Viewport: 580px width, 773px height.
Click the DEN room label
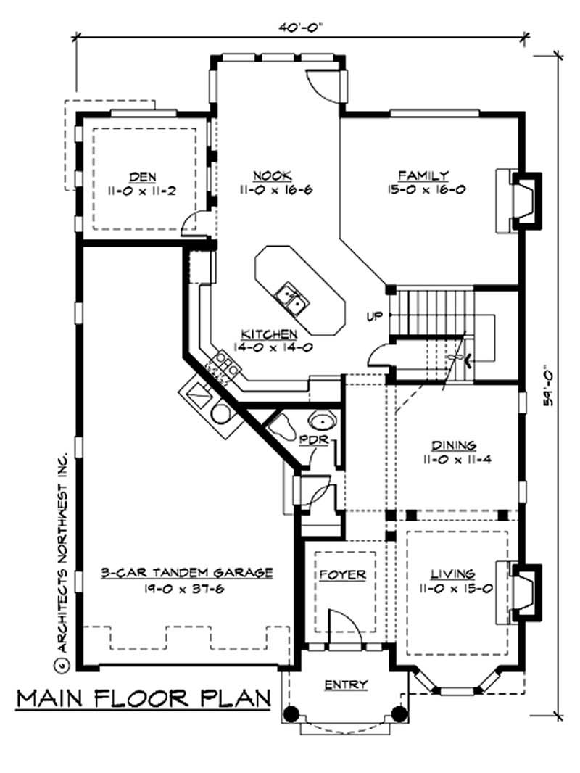143,176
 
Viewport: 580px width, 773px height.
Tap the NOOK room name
273,175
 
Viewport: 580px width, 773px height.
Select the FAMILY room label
424,175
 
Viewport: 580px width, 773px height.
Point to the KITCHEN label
270,334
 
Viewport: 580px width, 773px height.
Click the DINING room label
454,446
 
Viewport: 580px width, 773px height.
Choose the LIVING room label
453,574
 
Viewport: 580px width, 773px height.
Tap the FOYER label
343,575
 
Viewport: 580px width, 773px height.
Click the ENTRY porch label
346,685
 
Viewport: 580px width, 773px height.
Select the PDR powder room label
314,439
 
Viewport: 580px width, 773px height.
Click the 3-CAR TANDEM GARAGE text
187,573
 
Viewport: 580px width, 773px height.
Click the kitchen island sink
291,299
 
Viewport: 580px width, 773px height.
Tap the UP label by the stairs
375,316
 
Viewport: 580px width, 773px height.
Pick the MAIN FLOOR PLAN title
144,698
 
